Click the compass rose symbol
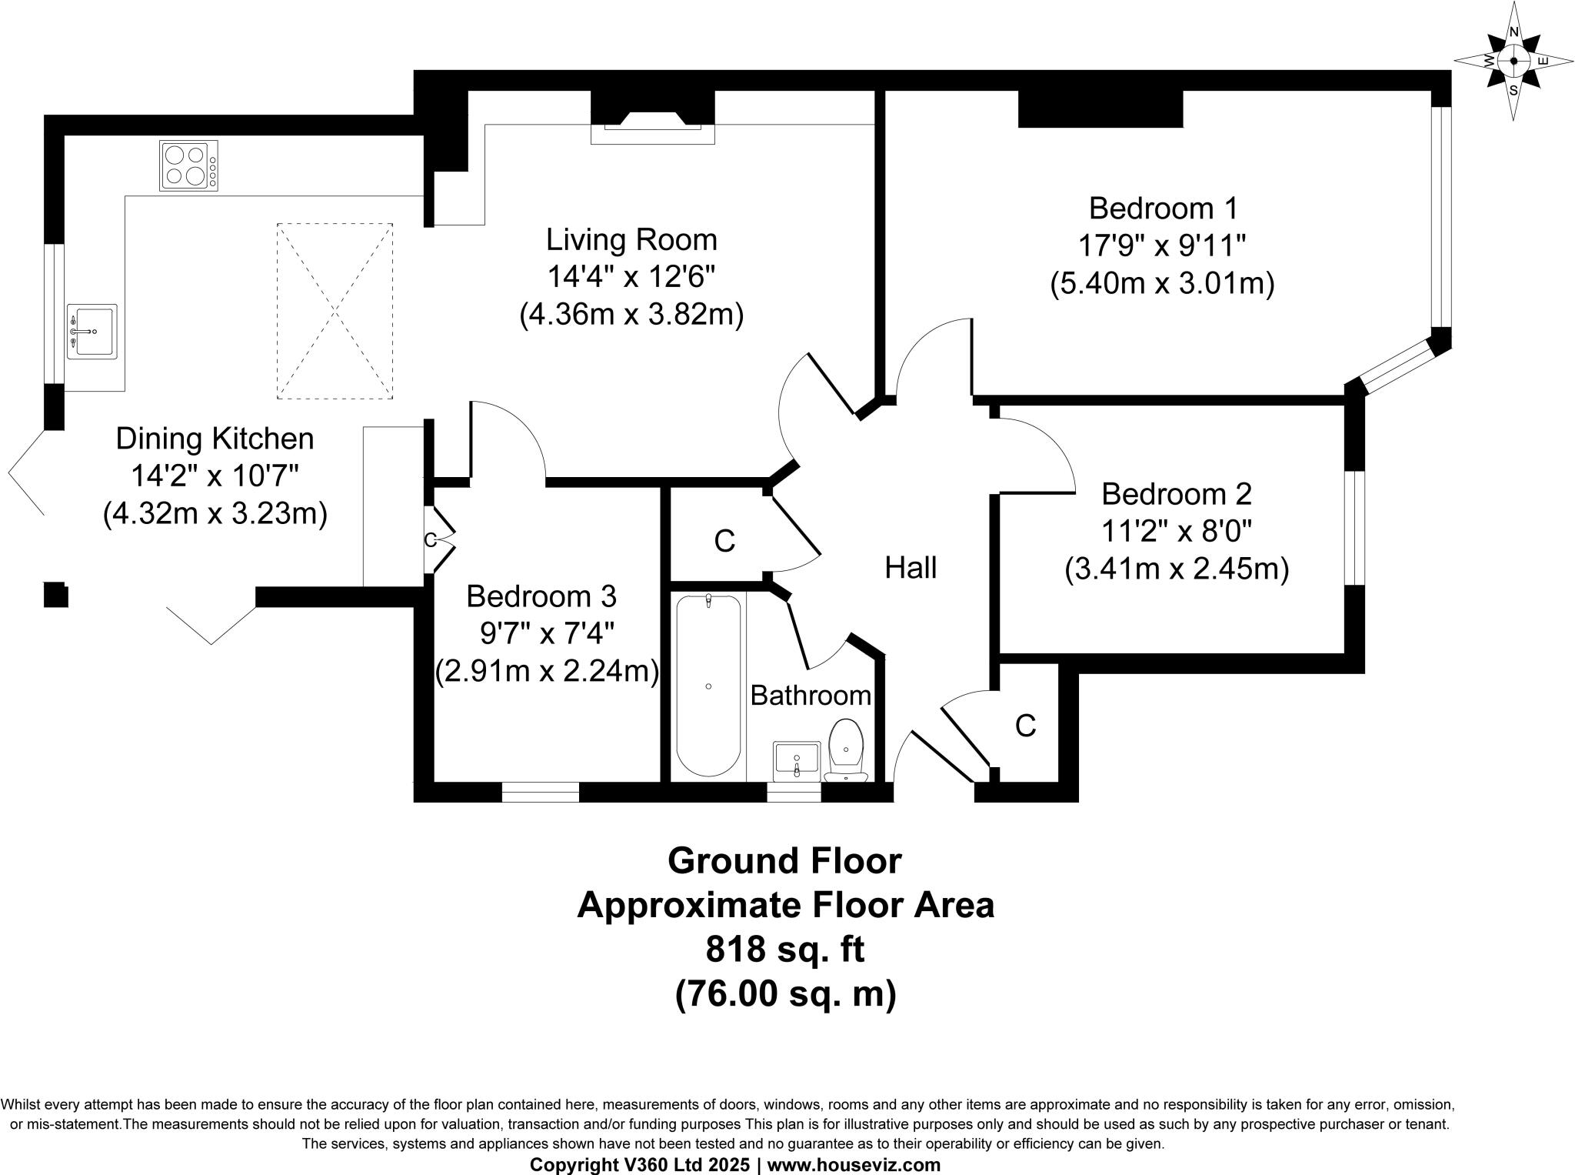coord(1513,61)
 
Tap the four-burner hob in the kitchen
coord(189,165)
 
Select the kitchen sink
coord(92,332)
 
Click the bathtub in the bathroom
coord(708,685)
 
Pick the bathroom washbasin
coord(797,761)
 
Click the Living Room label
coord(631,240)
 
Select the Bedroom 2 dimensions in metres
coord(1177,569)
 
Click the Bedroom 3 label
coord(541,596)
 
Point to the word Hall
coord(911,568)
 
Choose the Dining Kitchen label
coord(215,439)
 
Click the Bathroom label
coord(811,696)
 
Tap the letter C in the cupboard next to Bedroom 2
coord(1026,726)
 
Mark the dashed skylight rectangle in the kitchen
coord(335,311)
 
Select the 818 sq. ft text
coord(786,950)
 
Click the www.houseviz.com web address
coord(854,1165)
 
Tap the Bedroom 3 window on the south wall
coord(541,793)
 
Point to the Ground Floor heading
coord(784,860)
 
